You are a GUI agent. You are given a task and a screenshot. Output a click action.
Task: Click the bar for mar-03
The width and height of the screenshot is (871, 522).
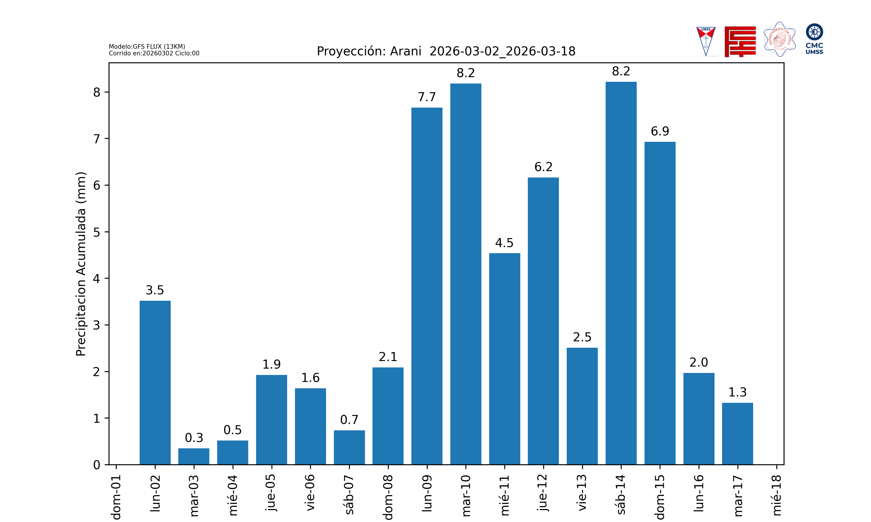tap(194, 456)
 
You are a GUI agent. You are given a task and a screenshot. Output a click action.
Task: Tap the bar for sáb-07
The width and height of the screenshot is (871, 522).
tap(349, 447)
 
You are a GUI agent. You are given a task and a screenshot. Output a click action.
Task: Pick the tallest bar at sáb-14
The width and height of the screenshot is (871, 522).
tap(621, 273)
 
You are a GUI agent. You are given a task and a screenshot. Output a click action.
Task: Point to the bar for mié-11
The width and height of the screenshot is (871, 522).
tap(505, 359)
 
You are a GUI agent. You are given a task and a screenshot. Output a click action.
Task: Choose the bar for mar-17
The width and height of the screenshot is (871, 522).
tap(737, 434)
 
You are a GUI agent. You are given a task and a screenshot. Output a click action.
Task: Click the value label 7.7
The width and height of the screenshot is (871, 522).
tap(427, 97)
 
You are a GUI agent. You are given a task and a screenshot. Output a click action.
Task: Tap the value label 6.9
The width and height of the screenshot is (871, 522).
tap(660, 131)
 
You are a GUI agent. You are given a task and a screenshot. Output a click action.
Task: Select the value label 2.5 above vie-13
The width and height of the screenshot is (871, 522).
tap(582, 337)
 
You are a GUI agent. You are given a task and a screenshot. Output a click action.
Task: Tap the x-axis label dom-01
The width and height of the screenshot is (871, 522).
tap(116, 497)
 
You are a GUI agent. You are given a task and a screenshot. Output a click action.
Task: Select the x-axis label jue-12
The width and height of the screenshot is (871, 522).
tap(543, 492)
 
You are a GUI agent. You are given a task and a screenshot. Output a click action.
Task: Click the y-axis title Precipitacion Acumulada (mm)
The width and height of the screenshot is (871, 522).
tap(81, 264)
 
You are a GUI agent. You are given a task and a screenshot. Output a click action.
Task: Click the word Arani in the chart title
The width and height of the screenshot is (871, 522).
tap(406, 51)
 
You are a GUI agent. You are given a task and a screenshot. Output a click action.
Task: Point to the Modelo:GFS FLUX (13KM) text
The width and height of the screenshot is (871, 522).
tap(147, 46)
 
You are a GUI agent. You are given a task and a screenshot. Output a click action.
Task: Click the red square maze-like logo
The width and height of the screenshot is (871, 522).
tap(740, 41)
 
